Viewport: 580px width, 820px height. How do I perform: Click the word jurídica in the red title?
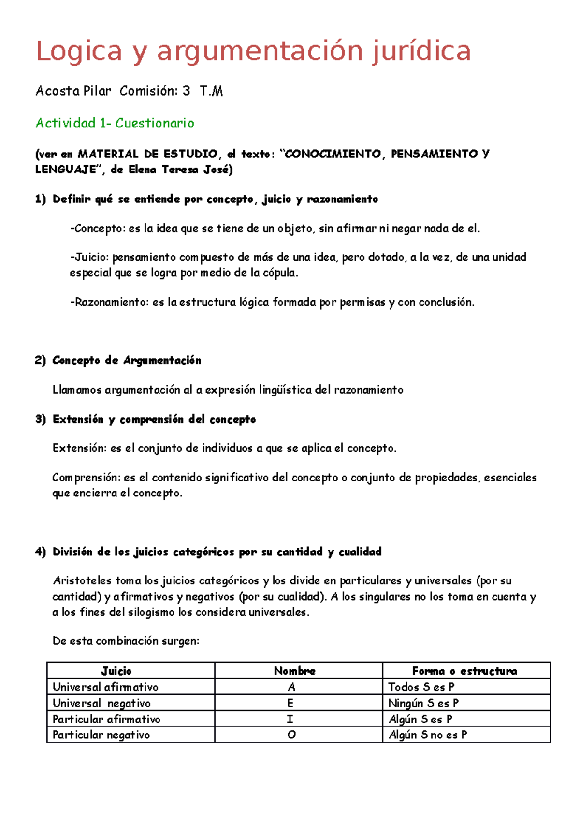pyautogui.click(x=421, y=51)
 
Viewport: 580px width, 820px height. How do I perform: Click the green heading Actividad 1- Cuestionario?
pyautogui.click(x=115, y=123)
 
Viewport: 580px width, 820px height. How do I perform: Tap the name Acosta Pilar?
pyautogui.click(x=73, y=91)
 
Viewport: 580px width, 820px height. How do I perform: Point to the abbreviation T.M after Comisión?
pyautogui.click(x=211, y=91)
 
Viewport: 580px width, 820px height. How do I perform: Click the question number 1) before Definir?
pyautogui.click(x=41, y=199)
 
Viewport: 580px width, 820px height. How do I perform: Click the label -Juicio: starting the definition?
pyautogui.click(x=89, y=257)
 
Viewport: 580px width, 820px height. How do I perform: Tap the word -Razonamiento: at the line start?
pyautogui.click(x=110, y=302)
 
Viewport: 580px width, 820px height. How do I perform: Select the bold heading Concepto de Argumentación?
pyautogui.click(x=127, y=360)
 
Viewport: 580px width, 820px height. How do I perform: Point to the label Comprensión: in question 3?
pyautogui.click(x=86, y=478)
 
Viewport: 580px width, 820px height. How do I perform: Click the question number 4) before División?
pyautogui.click(x=41, y=551)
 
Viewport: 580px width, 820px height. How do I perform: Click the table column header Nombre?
pyautogui.click(x=294, y=671)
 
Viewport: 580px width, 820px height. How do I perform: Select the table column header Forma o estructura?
pyautogui.click(x=464, y=671)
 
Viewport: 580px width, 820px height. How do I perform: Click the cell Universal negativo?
pyautogui.click(x=101, y=703)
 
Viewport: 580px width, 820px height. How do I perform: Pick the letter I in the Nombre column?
pyautogui.click(x=290, y=719)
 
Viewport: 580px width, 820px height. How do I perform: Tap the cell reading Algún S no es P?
pyautogui.click(x=428, y=735)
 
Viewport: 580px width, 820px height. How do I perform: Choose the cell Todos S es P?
pyautogui.click(x=421, y=687)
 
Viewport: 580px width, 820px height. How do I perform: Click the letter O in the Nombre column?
pyautogui.click(x=291, y=735)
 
